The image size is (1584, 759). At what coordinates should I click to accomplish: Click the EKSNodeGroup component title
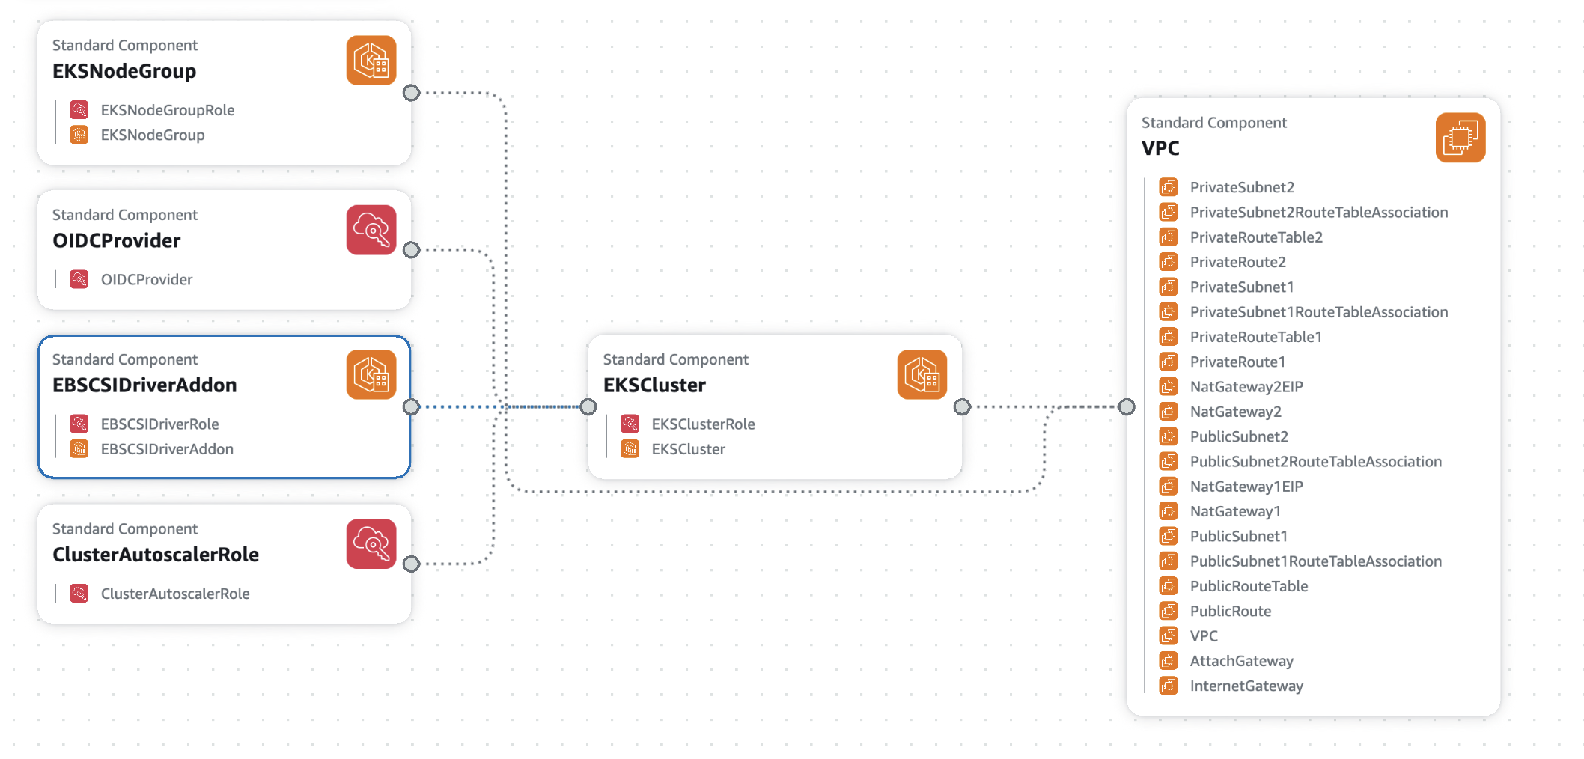click(124, 71)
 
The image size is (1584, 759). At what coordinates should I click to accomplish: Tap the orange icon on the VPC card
click(1460, 138)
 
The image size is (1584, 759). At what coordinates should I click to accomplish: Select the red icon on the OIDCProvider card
click(371, 230)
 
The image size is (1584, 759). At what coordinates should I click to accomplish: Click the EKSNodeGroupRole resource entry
click(167, 110)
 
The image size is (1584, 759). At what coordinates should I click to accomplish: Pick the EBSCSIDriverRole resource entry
click(159, 424)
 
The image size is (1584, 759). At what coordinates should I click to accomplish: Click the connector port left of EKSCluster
click(588, 406)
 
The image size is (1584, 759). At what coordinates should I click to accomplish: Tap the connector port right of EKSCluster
click(962, 406)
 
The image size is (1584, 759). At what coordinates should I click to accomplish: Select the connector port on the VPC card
click(1127, 406)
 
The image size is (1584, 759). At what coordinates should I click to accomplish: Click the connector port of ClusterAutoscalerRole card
click(411, 564)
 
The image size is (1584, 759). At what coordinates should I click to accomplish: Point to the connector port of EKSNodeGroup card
click(411, 93)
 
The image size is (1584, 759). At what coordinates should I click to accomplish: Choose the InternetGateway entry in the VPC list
click(1246, 686)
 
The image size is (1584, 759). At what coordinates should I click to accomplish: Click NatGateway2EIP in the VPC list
click(1246, 387)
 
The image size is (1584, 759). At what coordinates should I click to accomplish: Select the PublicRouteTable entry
click(1249, 586)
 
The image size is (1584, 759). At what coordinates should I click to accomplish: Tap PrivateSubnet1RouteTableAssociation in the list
click(1318, 312)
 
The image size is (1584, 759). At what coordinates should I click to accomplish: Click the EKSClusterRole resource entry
click(702, 424)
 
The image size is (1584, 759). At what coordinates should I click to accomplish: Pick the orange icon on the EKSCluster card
click(922, 374)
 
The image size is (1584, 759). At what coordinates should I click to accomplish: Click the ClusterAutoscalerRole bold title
click(156, 555)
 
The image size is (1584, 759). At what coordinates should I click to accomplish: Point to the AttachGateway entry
click(1241, 661)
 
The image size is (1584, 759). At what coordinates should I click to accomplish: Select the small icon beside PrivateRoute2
click(1168, 262)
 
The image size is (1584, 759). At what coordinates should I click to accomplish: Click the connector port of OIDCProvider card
click(411, 250)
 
